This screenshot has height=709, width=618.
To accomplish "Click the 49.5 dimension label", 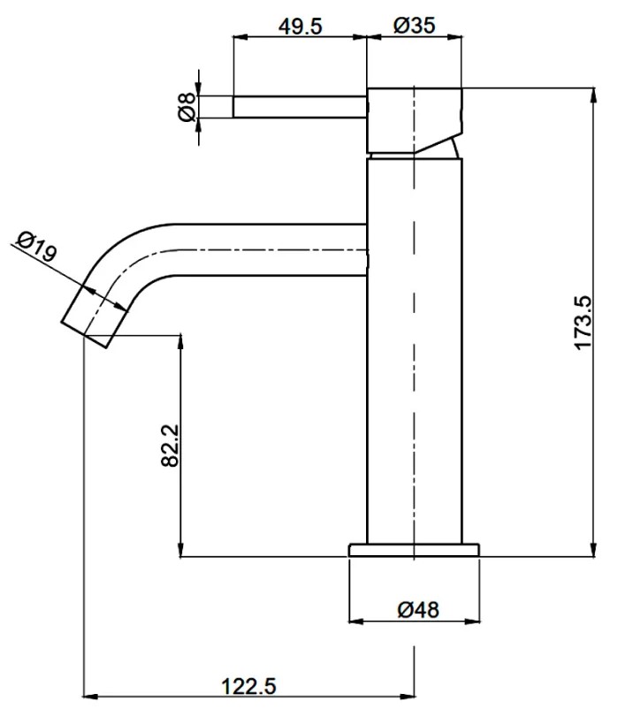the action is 301,27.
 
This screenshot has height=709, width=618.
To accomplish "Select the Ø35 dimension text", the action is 414,26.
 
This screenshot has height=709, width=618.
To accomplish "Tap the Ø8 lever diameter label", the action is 187,107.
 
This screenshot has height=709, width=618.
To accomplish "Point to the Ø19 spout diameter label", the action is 37,247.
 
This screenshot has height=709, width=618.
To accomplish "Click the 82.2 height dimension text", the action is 171,446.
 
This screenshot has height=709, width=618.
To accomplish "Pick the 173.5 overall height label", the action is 584,323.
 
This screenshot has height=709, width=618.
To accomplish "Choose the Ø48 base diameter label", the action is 418,610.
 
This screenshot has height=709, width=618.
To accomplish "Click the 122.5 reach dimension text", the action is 248,686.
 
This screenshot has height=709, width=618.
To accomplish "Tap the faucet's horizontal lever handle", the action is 300,107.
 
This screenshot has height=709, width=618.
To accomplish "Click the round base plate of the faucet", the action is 414,550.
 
